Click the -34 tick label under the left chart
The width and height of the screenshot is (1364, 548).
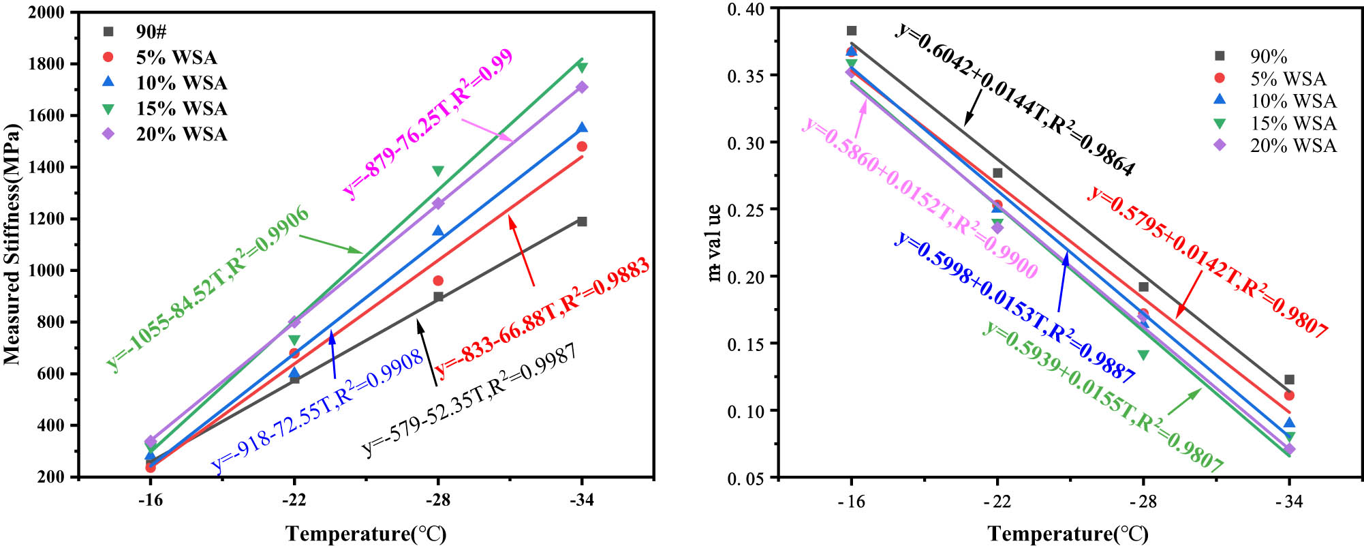click(x=581, y=500)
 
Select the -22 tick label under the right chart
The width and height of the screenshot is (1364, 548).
click(x=997, y=502)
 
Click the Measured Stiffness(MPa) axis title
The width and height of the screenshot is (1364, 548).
click(x=12, y=244)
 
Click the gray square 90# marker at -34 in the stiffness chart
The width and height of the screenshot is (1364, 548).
click(x=582, y=222)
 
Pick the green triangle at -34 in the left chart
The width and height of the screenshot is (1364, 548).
click(x=582, y=67)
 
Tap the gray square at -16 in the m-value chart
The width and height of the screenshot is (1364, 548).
click(x=851, y=31)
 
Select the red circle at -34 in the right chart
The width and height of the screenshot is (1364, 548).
click(x=1288, y=395)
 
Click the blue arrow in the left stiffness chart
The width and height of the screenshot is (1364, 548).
click(x=333, y=354)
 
